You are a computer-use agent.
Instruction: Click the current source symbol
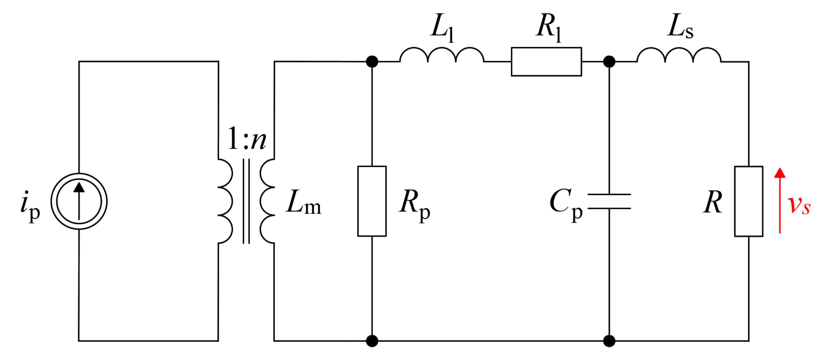[79, 201]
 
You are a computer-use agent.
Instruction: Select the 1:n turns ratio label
[246, 139]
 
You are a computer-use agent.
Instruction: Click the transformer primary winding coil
[225, 201]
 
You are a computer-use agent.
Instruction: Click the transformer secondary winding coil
[267, 201]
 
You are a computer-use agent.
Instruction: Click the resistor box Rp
[372, 201]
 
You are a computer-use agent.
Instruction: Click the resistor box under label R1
[546, 62]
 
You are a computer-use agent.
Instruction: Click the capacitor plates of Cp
[609, 201]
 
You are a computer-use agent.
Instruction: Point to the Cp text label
[566, 204]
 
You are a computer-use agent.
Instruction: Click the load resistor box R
[749, 201]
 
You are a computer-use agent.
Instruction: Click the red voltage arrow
[780, 200]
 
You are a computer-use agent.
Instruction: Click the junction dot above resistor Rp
[372, 61]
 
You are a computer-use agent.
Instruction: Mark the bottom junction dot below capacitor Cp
[609, 341]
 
